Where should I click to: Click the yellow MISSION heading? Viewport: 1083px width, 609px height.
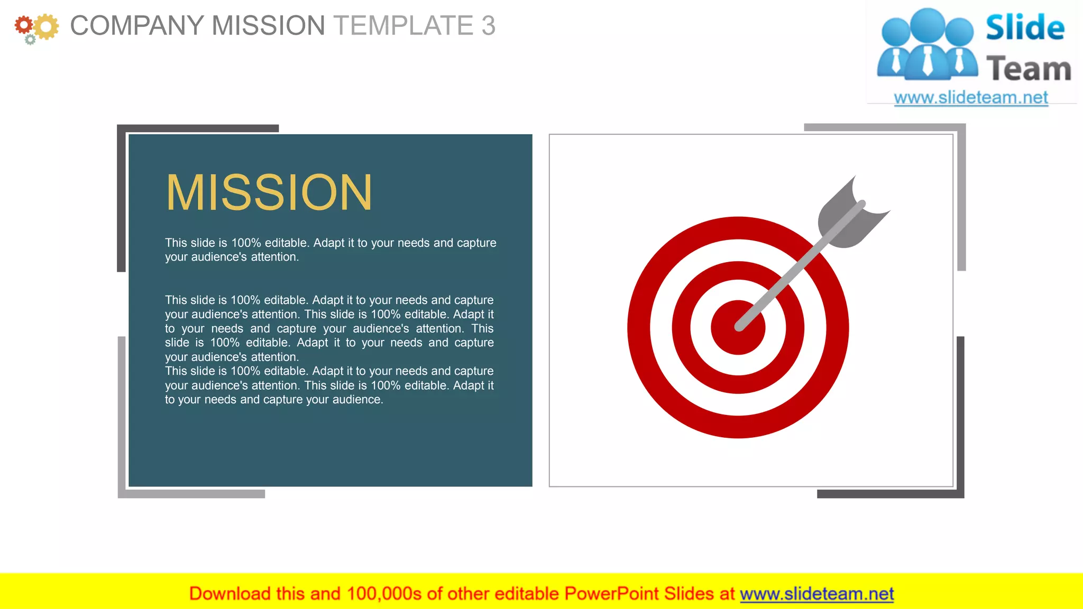269,192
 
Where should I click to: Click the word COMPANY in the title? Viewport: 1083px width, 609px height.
136,25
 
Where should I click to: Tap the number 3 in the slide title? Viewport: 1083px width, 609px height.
488,25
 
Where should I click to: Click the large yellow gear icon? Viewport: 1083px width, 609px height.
47,26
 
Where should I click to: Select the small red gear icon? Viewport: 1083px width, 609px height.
23,24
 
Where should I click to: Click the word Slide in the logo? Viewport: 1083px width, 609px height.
1024,27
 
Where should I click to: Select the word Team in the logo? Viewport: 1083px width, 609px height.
1028,69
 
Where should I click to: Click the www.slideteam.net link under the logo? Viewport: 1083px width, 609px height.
970,98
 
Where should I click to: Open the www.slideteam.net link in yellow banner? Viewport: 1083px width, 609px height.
816,594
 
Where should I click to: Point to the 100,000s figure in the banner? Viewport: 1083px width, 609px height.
384,594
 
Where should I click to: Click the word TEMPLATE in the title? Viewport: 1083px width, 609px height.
403,25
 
